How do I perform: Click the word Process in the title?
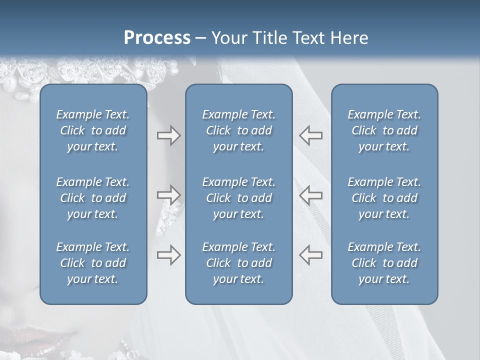[157, 38]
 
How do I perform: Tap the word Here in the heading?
[348, 38]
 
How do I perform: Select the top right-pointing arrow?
[168, 135]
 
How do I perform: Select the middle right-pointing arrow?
[168, 195]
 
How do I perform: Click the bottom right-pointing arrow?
[168, 255]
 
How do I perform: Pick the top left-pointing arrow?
[310, 135]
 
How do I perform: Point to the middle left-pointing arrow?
[310, 195]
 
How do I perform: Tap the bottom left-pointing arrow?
[310, 255]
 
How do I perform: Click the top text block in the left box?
[93, 130]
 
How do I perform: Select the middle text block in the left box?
[93, 198]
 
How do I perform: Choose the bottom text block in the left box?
[93, 263]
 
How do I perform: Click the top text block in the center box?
[238, 130]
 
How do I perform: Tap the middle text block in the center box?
[238, 198]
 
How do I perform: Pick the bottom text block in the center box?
[238, 263]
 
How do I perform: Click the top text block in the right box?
[384, 130]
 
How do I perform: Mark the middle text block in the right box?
[384, 198]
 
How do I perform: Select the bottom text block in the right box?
[384, 263]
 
